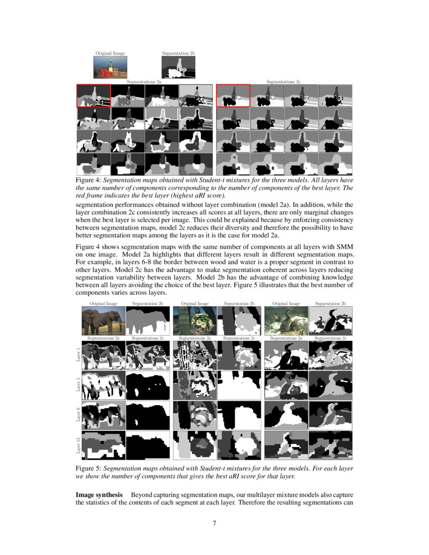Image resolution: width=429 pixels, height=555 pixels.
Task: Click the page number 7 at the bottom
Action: [215, 523]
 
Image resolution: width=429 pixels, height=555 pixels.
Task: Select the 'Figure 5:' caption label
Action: [89, 468]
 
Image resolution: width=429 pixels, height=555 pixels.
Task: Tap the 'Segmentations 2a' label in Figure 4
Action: [144, 81]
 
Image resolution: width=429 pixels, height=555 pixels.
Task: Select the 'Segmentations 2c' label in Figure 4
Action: [284, 81]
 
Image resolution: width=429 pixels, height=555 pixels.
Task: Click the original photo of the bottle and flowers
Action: [110, 67]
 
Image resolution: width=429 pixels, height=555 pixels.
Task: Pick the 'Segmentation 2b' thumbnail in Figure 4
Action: [178, 67]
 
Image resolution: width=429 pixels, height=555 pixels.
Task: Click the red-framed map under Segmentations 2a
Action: [93, 96]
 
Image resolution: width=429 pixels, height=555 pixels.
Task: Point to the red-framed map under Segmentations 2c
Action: [233, 96]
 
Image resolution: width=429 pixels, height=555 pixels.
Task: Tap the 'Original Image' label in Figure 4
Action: [110, 53]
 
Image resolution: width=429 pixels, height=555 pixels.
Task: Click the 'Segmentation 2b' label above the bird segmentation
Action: [330, 304]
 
